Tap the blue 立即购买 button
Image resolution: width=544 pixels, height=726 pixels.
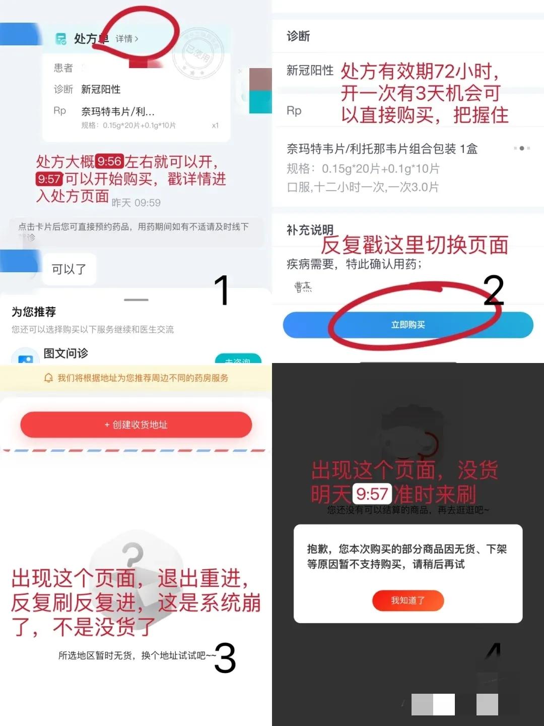408,325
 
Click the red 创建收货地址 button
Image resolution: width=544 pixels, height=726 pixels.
136,425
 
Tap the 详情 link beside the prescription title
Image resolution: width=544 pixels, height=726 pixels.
126,39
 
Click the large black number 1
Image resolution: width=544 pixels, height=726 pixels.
222,290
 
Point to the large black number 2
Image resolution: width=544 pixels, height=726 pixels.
494,290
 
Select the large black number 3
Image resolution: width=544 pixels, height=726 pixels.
225,658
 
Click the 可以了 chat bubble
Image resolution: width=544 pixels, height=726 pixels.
69,269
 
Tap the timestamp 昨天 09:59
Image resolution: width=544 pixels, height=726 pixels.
136,203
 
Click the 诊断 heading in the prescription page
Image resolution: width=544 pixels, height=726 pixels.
298,36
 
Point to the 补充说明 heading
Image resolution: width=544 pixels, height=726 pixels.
310,230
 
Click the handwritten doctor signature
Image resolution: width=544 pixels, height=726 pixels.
303,287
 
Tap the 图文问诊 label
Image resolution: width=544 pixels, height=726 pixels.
65,353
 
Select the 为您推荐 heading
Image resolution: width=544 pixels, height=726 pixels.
34,312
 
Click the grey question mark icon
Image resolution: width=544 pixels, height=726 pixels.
133,555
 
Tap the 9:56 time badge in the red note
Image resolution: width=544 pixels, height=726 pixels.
109,161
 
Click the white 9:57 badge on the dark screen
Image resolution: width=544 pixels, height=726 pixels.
372,494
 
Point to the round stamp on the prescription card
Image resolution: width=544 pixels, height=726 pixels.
197,53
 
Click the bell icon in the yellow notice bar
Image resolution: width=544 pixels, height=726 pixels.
49,378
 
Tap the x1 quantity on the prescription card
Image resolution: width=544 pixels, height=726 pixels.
215,126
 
